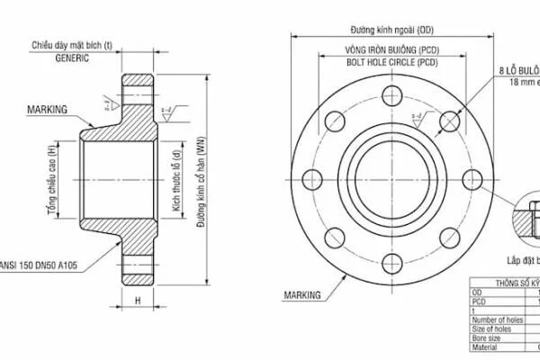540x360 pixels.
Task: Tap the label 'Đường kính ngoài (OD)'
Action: tap(391, 30)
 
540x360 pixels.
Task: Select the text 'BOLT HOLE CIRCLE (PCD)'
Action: tap(391, 63)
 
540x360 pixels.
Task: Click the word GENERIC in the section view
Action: tap(73, 57)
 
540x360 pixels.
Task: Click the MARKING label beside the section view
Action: tap(47, 109)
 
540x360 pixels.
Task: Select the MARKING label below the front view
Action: tap(302, 294)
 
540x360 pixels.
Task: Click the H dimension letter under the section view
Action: tap(138, 300)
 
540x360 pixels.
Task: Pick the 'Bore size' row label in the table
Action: tap(490, 337)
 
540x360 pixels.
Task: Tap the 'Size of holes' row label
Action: tap(496, 328)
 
